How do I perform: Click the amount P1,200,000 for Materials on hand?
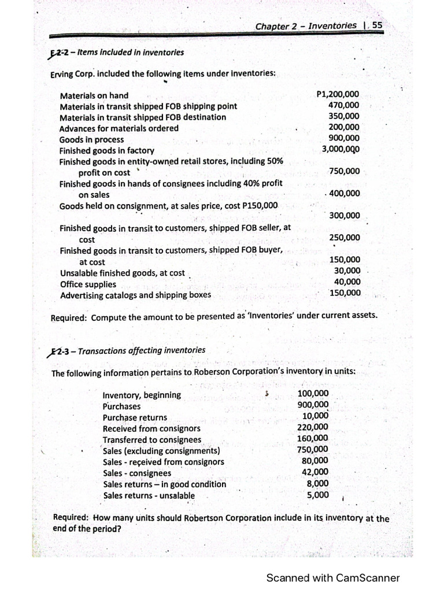(x=338, y=95)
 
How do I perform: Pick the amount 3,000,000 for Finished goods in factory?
(x=341, y=149)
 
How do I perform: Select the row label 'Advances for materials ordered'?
(x=119, y=128)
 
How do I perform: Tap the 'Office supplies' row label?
(x=88, y=284)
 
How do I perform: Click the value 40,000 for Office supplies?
(x=347, y=282)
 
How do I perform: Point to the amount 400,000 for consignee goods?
(x=343, y=194)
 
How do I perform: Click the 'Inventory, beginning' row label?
(x=141, y=395)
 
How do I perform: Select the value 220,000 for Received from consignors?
(x=313, y=428)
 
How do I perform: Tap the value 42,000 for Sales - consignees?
(x=315, y=472)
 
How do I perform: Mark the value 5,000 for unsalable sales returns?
(x=317, y=494)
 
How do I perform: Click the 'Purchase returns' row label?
(x=135, y=417)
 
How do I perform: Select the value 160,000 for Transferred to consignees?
(x=313, y=439)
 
